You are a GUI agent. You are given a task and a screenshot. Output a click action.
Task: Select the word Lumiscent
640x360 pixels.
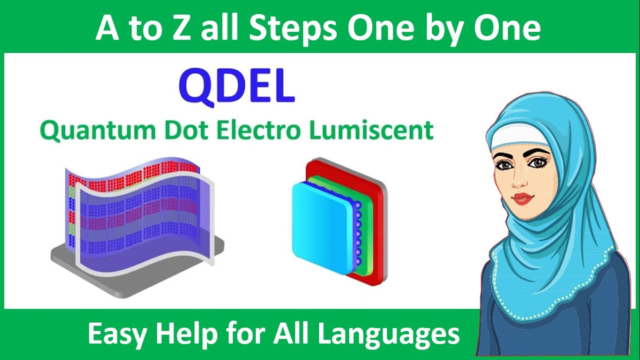(x=371, y=131)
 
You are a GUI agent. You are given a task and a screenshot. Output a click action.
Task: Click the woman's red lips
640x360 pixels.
(x=522, y=198)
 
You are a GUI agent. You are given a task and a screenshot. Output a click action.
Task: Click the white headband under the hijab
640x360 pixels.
(x=515, y=134)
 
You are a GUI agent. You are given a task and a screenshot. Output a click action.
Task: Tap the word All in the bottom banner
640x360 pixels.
(x=291, y=333)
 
